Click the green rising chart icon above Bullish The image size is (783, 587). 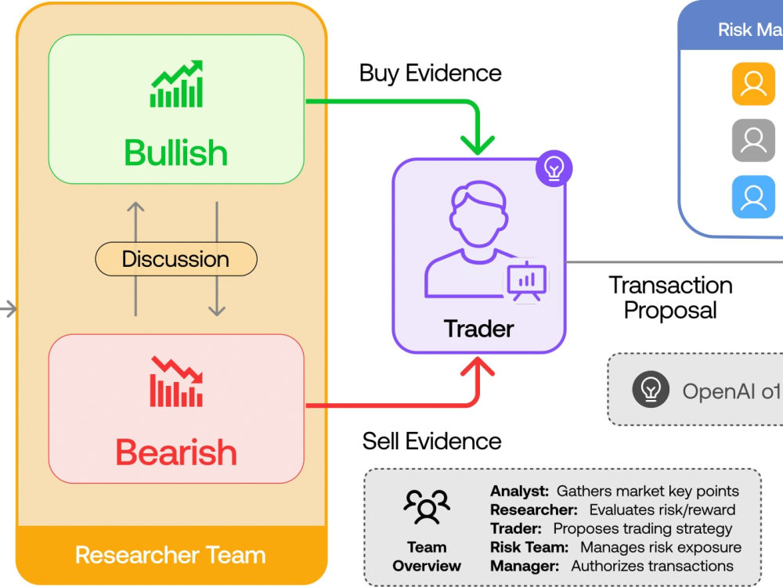[177, 84]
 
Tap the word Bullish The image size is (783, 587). [175, 153]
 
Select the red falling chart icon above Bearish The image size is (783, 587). [177, 382]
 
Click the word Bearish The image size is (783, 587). [176, 452]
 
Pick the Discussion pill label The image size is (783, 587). [176, 259]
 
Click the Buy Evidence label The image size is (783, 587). [431, 74]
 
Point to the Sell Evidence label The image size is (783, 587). [432, 441]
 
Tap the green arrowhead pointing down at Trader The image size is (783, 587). [478, 146]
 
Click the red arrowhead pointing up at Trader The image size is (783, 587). [478, 367]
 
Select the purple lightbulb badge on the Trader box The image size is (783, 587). [554, 168]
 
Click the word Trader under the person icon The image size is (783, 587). [479, 329]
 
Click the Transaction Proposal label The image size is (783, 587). [671, 297]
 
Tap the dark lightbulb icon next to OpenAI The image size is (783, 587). [651, 389]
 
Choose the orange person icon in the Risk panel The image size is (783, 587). [753, 84]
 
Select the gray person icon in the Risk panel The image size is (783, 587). [753, 140]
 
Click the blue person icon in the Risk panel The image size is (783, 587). [753, 197]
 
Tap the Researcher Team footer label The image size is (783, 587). [170, 555]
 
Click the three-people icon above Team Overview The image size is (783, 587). [427, 506]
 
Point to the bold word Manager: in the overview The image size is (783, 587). [525, 566]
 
